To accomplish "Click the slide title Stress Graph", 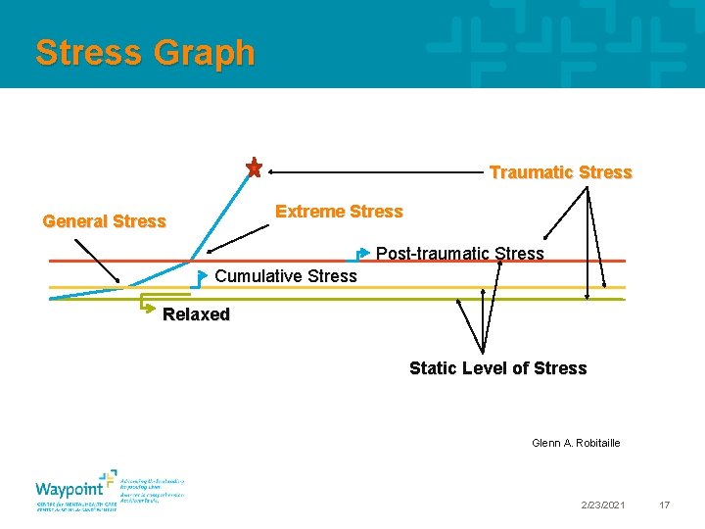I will click(145, 53).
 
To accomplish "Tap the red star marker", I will click(254, 168).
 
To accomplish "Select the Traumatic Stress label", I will click(560, 172).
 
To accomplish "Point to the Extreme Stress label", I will click(339, 212).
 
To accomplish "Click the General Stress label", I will click(104, 221).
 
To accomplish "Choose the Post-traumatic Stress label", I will click(459, 254).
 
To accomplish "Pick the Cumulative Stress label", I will click(285, 276).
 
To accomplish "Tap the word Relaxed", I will click(196, 315).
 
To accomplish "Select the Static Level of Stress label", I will click(497, 368).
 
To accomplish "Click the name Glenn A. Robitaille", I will click(576, 443).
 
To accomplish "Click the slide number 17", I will click(664, 505).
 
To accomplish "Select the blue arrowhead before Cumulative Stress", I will click(204, 274).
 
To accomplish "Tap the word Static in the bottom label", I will click(432, 368).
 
